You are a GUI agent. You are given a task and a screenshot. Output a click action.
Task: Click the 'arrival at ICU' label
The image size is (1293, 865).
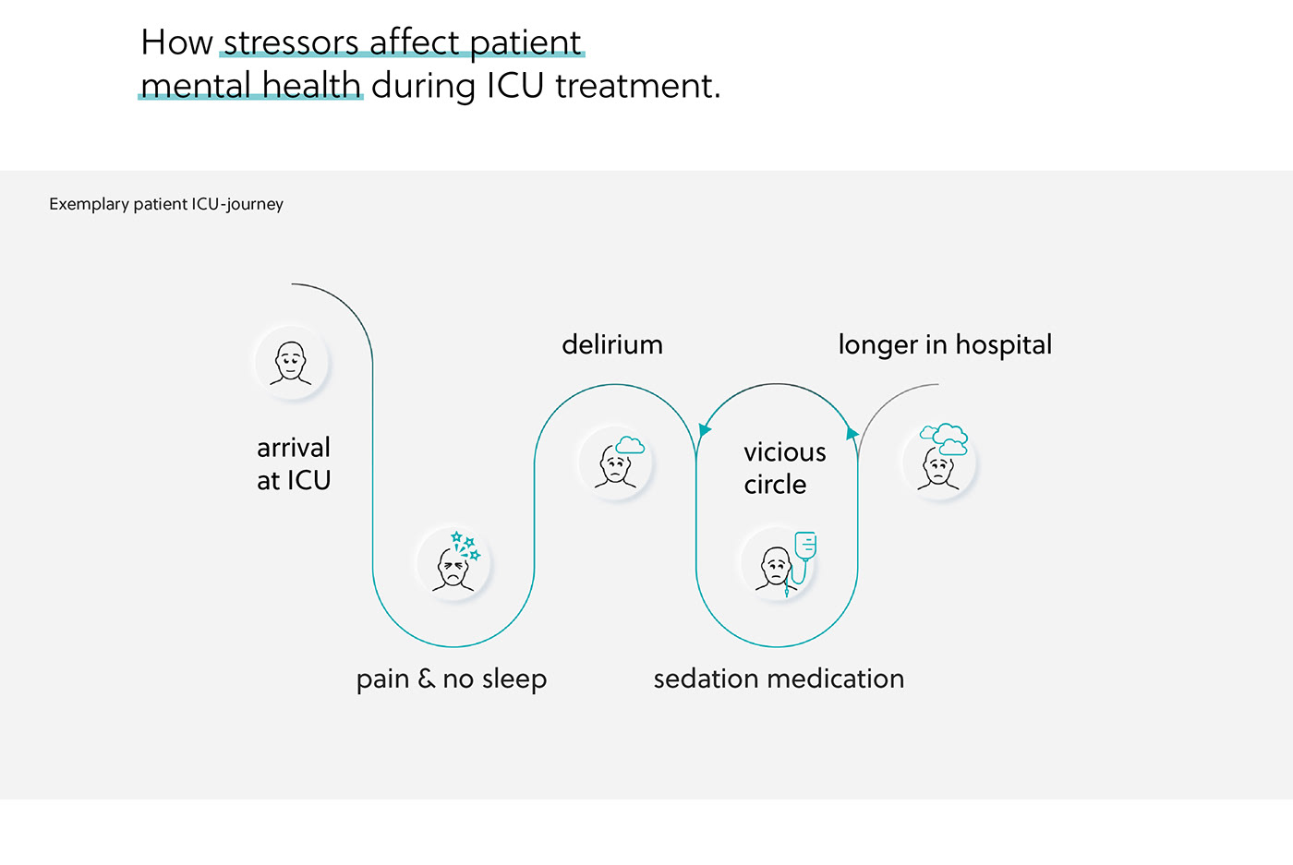click(x=294, y=463)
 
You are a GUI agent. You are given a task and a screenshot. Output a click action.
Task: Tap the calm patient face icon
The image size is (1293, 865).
click(x=291, y=363)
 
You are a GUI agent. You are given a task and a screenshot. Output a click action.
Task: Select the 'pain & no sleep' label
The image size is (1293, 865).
click(x=452, y=679)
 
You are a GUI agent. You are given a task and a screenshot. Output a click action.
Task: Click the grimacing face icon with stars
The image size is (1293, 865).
click(x=453, y=564)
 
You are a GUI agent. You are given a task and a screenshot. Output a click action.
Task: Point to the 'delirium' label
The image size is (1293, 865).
click(x=612, y=345)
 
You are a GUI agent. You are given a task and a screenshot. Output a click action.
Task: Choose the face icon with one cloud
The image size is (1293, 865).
click(x=616, y=463)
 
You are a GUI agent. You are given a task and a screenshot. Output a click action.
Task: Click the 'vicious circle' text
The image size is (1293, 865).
click(x=784, y=468)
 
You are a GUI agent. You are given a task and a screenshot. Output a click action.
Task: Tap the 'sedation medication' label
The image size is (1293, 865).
click(x=779, y=679)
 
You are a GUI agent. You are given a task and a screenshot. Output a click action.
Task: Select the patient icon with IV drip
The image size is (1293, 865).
click(x=778, y=564)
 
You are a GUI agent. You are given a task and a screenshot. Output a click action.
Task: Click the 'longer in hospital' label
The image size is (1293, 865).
click(x=945, y=345)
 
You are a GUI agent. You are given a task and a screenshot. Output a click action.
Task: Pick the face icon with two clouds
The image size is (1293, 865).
click(x=939, y=462)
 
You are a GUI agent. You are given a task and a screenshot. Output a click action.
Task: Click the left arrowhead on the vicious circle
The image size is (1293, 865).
click(x=705, y=430)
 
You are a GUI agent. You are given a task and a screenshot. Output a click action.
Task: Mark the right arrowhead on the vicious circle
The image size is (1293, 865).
click(x=852, y=432)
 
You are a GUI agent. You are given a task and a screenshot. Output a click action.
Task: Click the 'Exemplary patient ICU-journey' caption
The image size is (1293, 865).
click(x=166, y=204)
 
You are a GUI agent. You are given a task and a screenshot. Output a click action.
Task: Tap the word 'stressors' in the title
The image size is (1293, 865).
click(x=291, y=42)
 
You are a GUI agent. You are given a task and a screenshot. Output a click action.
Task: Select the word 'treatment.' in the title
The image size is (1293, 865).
click(x=637, y=86)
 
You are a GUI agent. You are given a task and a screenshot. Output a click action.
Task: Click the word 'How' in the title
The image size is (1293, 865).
click(x=177, y=42)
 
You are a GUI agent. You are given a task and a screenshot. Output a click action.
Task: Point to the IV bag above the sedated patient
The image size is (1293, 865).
click(x=805, y=545)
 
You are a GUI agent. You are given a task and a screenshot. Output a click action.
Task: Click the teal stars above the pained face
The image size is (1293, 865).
click(x=465, y=545)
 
